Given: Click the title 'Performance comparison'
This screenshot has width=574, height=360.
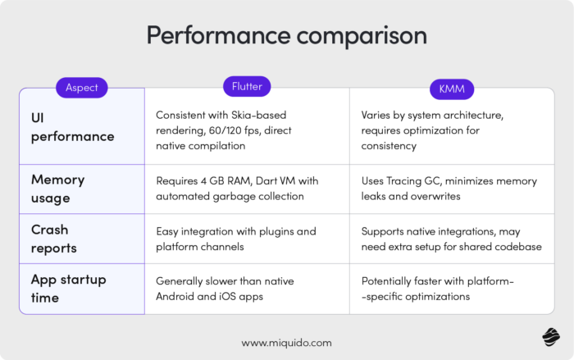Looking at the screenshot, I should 286,36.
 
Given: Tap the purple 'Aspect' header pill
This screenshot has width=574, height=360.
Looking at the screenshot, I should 82,88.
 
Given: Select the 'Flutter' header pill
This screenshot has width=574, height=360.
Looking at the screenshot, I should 246,86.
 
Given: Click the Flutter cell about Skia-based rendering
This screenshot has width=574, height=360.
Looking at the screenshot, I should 235,130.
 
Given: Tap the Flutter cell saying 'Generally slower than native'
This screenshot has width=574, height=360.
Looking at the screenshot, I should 226,289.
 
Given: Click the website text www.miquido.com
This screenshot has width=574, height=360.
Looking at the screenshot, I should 286,342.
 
